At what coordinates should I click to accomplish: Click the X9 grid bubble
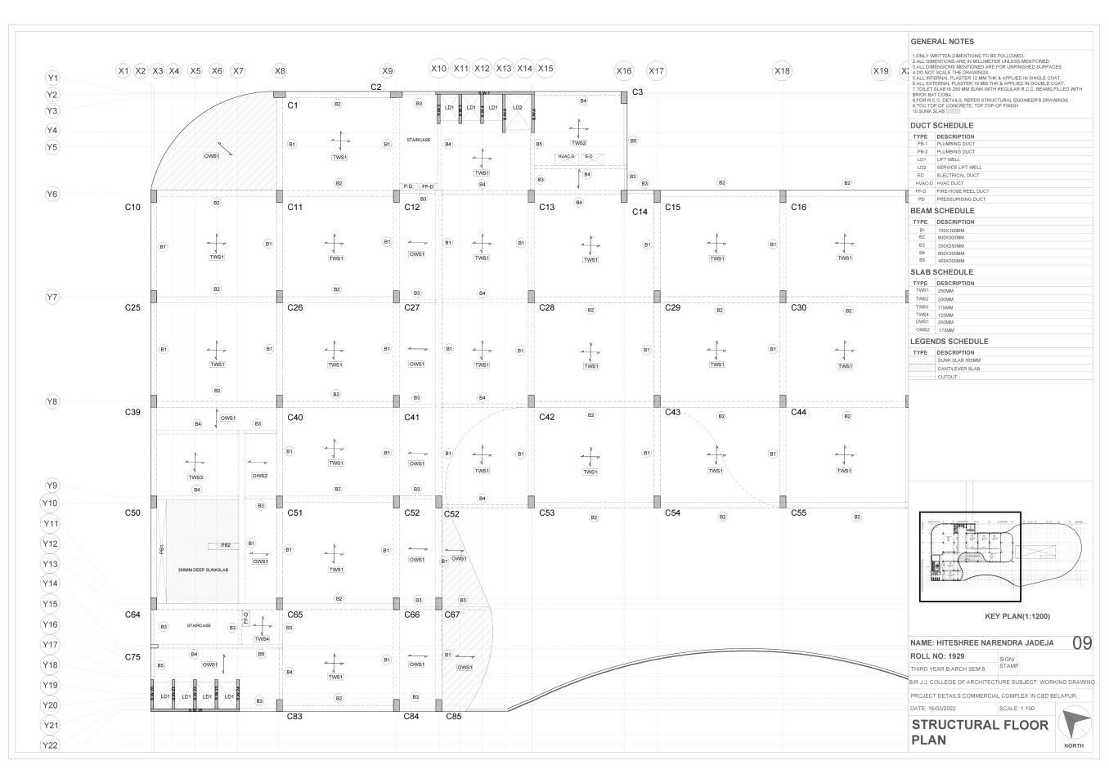tap(387, 71)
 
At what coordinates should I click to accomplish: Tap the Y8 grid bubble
tap(52, 401)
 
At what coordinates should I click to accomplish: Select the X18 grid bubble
tap(782, 71)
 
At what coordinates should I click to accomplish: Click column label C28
tap(546, 307)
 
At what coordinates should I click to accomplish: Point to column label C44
tap(798, 412)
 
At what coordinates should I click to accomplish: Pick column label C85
tap(453, 717)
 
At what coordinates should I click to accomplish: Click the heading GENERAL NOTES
tap(941, 41)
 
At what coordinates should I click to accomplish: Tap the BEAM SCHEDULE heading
tap(942, 211)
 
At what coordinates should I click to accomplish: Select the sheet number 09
tap(1081, 643)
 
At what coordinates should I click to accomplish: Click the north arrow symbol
tap(1075, 725)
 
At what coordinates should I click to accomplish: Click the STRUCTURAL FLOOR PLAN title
tap(979, 732)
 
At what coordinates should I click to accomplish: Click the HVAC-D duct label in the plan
tap(566, 156)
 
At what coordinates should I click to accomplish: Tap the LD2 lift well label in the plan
tap(517, 107)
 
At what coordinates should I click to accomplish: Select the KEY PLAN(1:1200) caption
tap(1017, 616)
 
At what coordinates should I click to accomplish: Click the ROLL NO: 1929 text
tap(937, 656)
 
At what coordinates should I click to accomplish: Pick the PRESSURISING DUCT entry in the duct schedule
tap(961, 199)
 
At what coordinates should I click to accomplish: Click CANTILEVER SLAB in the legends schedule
tap(958, 369)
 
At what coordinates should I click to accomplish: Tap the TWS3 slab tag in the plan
tap(195, 477)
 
